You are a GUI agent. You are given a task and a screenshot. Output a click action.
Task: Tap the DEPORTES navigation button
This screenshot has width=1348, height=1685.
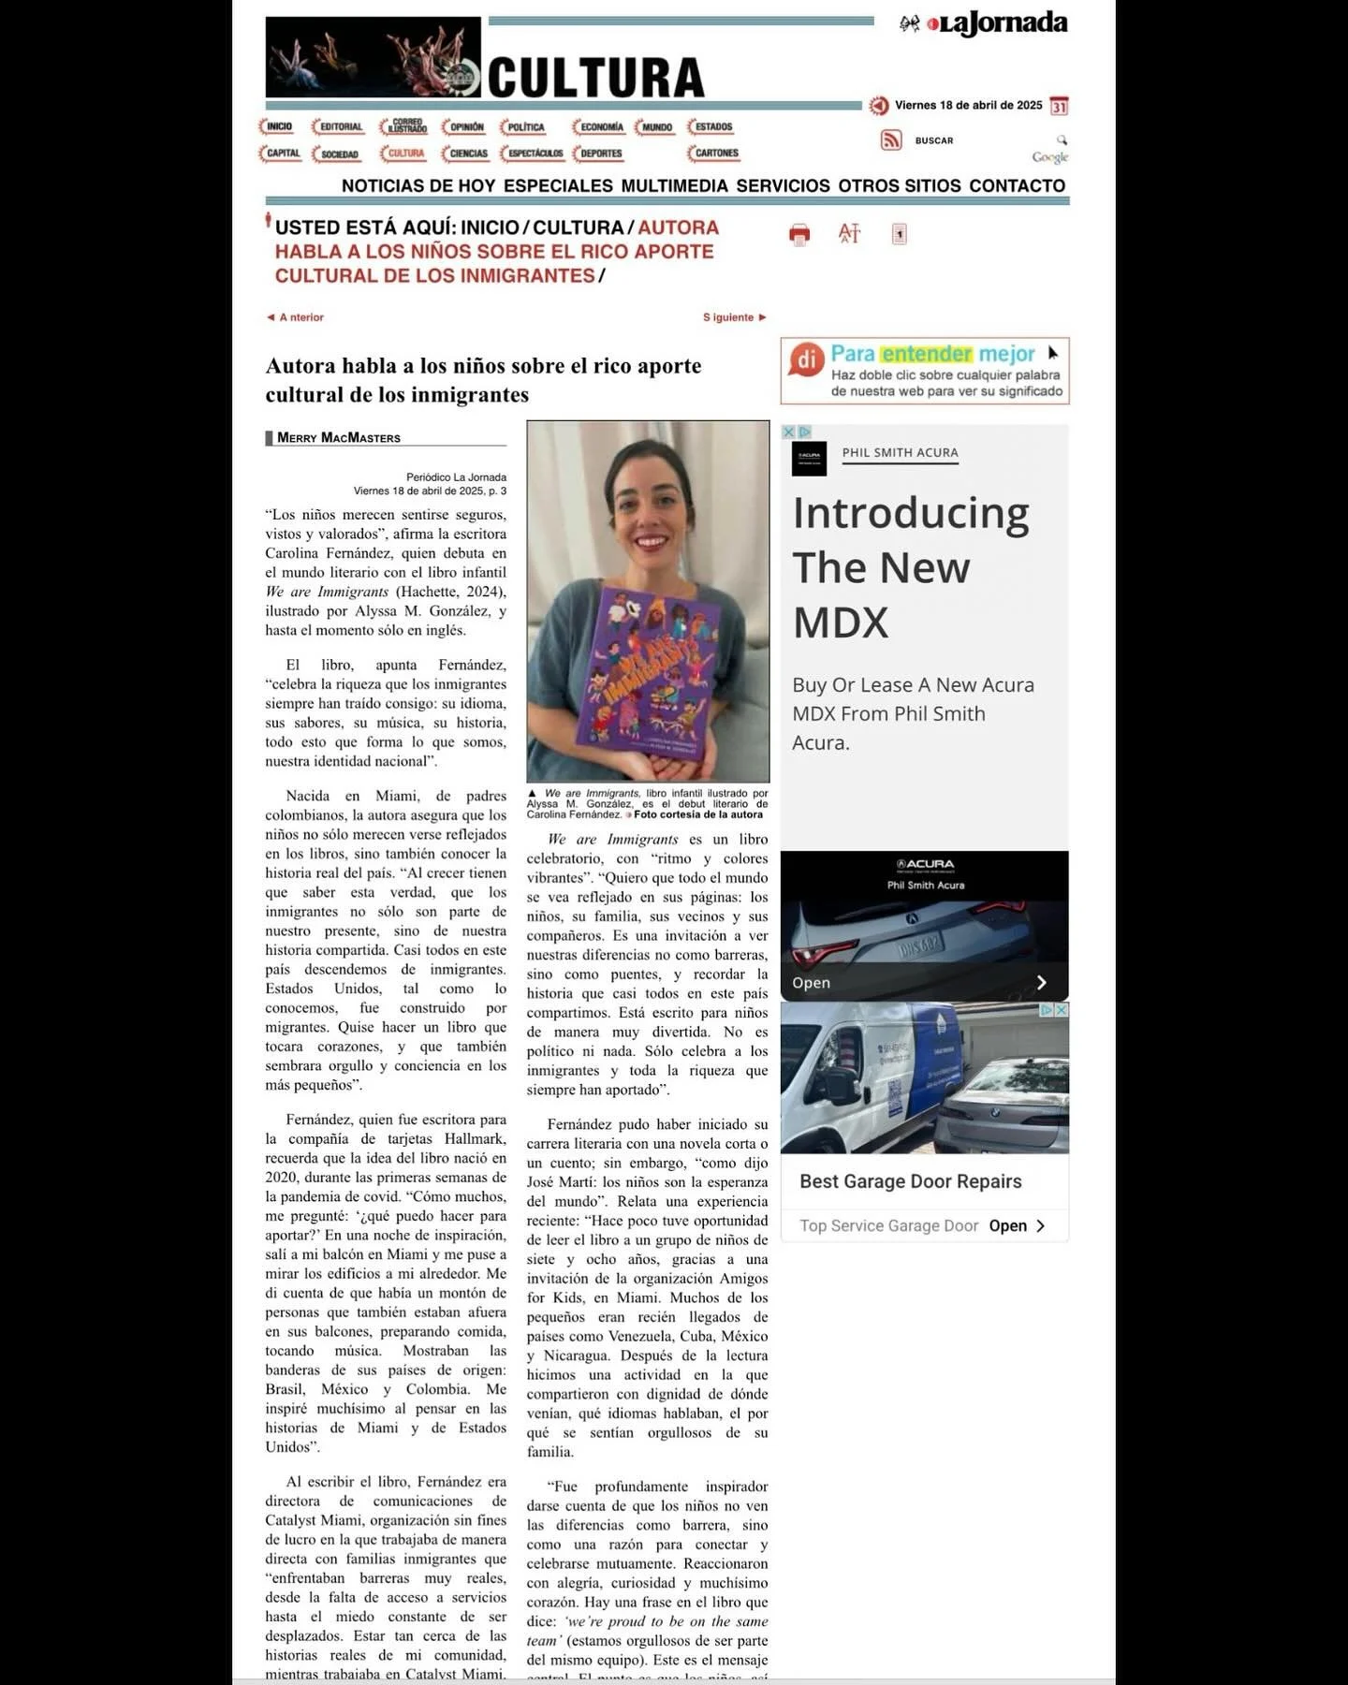point(599,153)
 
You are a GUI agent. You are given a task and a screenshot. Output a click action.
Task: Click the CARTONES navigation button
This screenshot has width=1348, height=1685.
point(715,153)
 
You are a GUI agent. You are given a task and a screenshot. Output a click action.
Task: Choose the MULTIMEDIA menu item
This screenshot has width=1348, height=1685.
point(674,185)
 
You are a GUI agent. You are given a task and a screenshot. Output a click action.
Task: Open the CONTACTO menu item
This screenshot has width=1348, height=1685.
point(1017,185)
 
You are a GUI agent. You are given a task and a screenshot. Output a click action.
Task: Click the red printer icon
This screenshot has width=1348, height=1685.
point(799,234)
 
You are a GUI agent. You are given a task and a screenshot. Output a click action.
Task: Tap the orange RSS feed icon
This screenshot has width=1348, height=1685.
point(890,140)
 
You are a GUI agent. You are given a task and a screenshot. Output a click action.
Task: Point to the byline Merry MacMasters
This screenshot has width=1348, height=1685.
point(338,437)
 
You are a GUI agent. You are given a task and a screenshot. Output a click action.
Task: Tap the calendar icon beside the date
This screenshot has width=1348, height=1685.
point(1059,106)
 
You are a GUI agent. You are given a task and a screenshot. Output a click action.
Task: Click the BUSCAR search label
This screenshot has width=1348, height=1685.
point(933,140)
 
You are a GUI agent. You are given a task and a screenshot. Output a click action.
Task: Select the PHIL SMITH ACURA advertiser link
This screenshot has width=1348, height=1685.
point(900,452)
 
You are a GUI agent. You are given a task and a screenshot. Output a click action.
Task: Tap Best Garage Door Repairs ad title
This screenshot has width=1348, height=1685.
point(910,1181)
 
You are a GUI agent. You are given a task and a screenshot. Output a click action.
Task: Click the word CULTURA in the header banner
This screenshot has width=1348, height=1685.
point(595,78)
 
